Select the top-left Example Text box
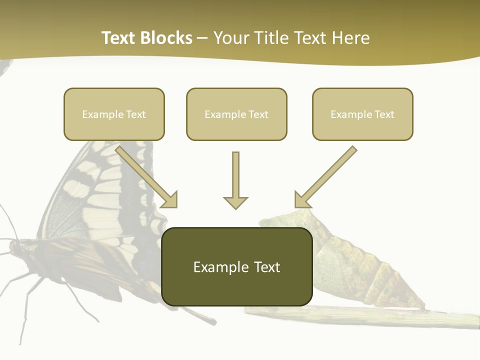click(114, 114)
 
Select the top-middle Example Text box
click(236, 114)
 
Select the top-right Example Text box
click(362, 114)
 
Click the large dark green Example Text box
click(236, 267)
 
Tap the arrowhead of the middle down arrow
click(235, 202)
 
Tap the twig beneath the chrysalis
click(380, 317)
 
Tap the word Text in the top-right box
click(384, 114)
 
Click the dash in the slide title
click(202, 38)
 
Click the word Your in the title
click(230, 38)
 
